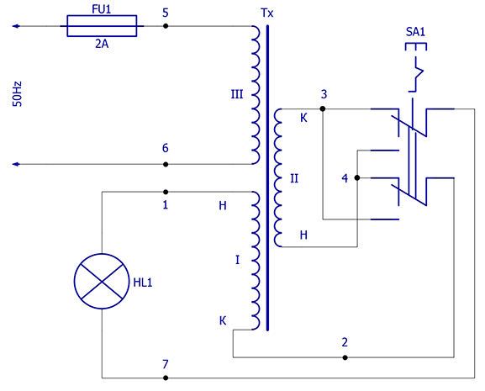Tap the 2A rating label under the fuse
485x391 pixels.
(x=102, y=45)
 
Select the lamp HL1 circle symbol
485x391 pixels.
(x=102, y=281)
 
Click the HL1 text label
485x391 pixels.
(x=143, y=283)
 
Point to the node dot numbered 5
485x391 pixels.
(x=166, y=26)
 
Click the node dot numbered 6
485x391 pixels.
(x=166, y=164)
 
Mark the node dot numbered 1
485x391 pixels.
(x=166, y=192)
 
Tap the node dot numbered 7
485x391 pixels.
(x=166, y=378)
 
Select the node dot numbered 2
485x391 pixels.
(x=345, y=357)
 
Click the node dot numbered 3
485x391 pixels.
(x=323, y=108)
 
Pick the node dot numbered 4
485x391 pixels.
(x=357, y=178)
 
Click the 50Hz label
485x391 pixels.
(x=18, y=94)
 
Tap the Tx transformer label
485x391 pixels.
(x=267, y=13)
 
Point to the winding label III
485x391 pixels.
(x=237, y=94)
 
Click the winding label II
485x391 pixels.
(x=294, y=178)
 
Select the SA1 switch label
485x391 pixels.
(x=415, y=32)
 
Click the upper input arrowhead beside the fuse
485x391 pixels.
(x=16, y=26)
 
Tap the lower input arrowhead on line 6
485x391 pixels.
(x=16, y=164)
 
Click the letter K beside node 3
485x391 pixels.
(x=303, y=118)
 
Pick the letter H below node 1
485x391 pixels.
(x=223, y=205)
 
